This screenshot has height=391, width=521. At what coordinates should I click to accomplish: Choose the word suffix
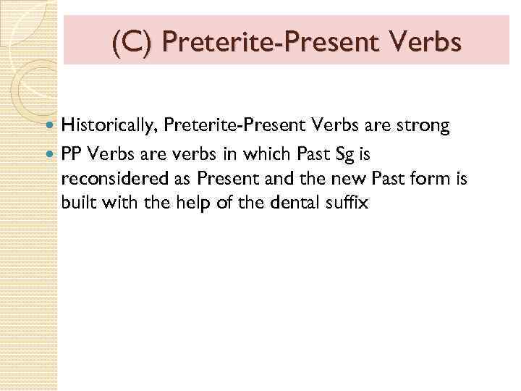[349, 204]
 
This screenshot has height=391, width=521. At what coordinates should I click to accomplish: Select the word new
[347, 179]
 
